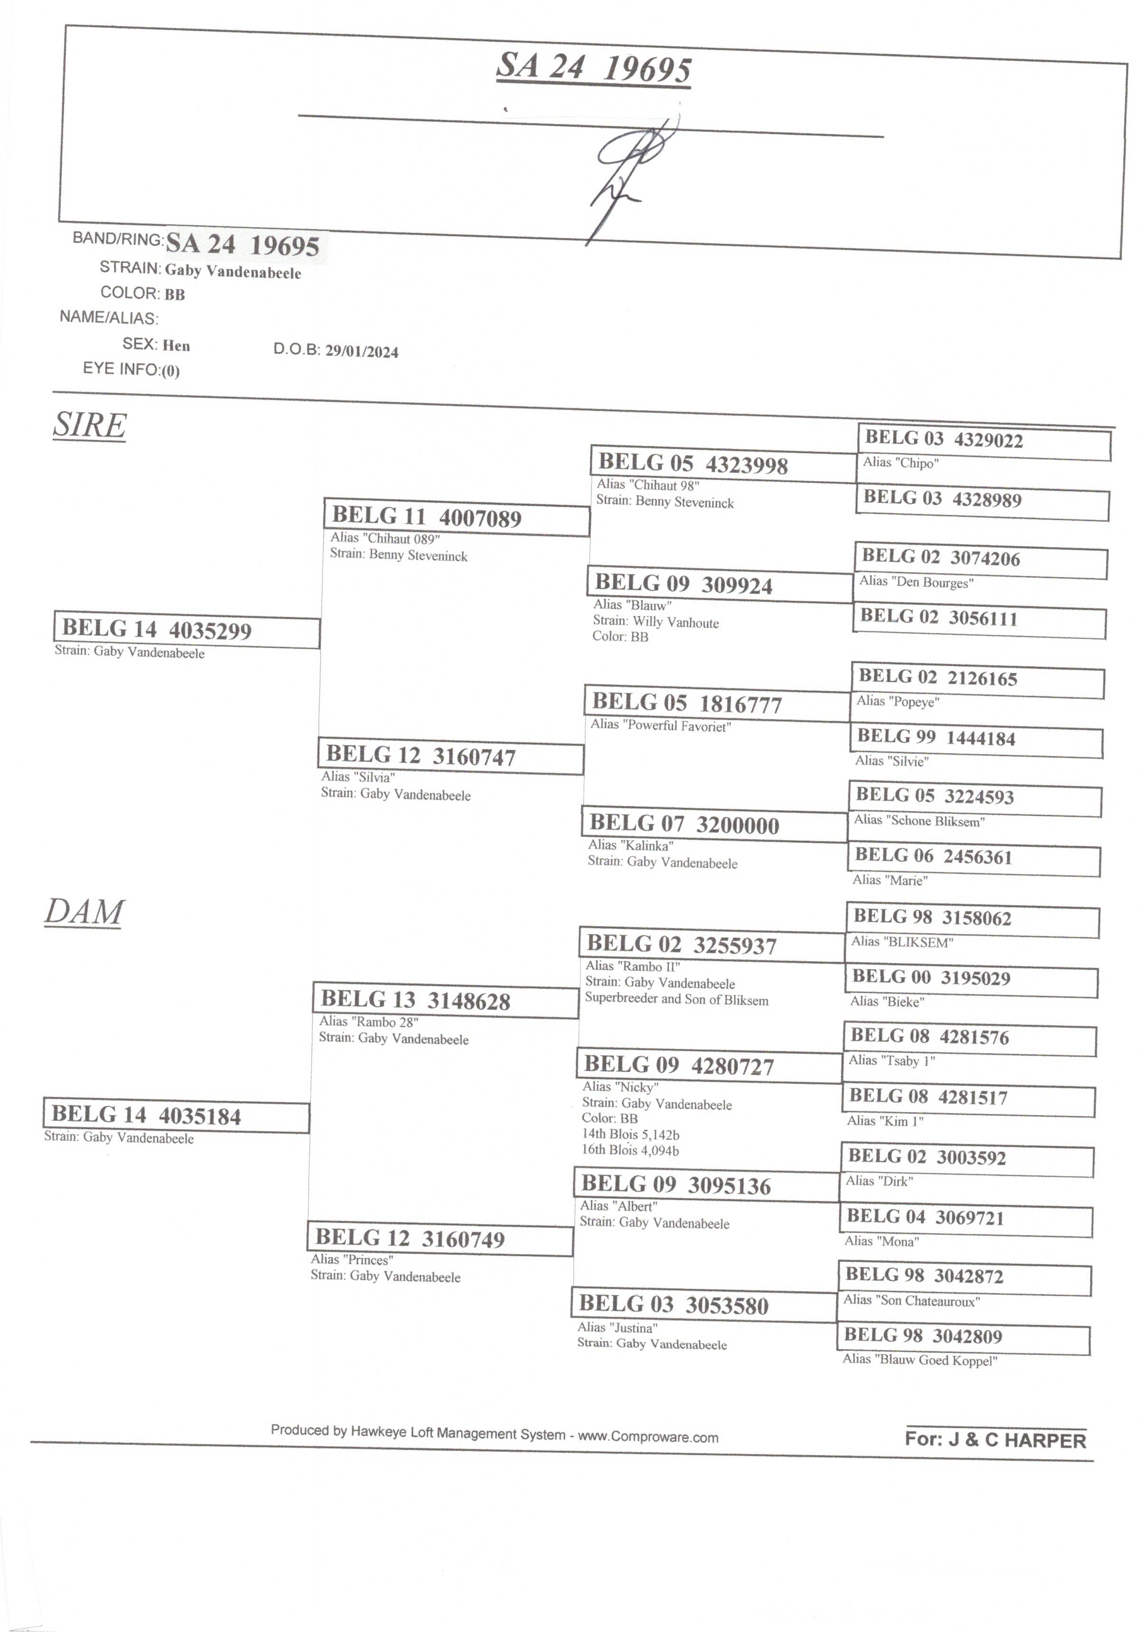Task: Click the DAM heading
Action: (x=84, y=912)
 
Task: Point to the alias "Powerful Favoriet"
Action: (x=661, y=726)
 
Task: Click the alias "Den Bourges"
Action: (x=917, y=582)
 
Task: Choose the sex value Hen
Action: (x=176, y=346)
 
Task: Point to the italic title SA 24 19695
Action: (x=593, y=68)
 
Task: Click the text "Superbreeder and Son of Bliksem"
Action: (x=676, y=1000)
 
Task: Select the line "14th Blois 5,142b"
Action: (x=630, y=1134)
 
